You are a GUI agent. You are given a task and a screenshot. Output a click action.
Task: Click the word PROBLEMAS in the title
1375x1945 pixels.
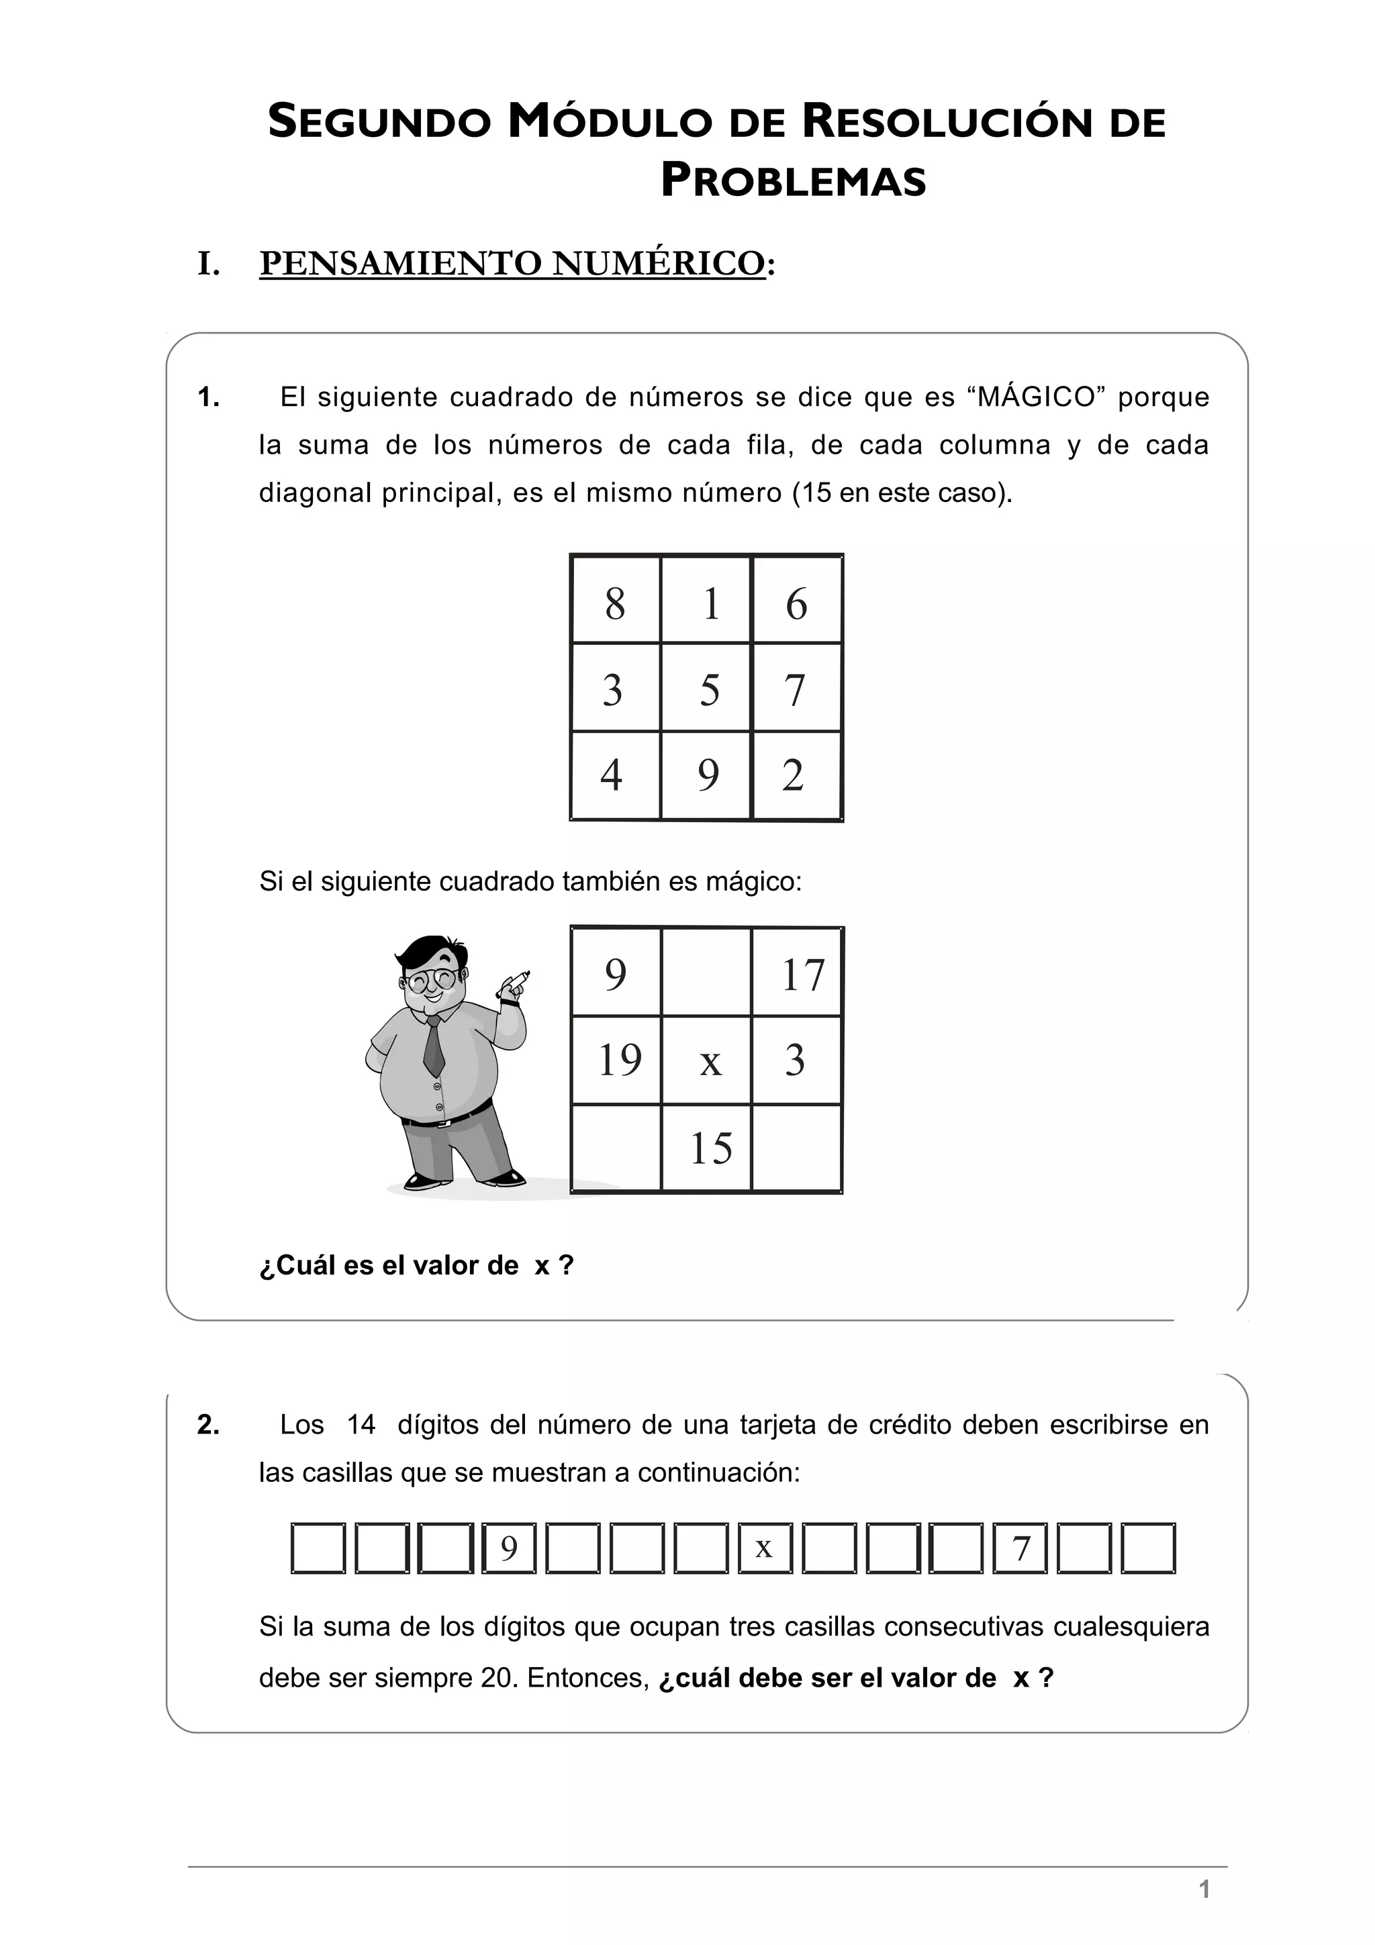coord(793,181)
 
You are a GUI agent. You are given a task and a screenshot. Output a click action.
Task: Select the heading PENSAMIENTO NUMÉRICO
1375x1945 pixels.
coord(512,264)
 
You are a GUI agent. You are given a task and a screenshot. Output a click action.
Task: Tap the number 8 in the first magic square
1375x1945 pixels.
coord(615,604)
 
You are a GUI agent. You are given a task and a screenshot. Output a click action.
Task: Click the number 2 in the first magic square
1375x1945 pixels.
coord(793,775)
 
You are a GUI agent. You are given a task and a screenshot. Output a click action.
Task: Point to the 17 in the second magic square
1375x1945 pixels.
coord(802,975)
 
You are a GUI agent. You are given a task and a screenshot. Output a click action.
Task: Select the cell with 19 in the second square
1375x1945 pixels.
coord(619,1060)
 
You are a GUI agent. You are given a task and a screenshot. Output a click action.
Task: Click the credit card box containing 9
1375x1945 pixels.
coord(508,1548)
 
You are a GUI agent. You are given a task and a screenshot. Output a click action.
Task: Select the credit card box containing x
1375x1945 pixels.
coord(764,1548)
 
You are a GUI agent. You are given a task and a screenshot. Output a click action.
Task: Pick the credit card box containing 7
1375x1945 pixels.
coord(1021,1548)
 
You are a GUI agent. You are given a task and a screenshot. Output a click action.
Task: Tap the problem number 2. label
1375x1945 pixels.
coord(208,1425)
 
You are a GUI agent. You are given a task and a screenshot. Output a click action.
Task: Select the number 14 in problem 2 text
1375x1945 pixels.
coord(361,1425)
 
